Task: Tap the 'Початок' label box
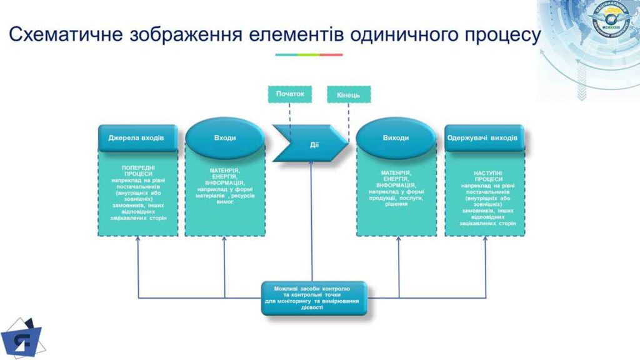pyautogui.click(x=289, y=94)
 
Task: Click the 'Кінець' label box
pyautogui.click(x=348, y=95)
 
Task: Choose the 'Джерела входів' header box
pyautogui.click(x=137, y=137)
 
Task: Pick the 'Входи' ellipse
pyautogui.click(x=225, y=137)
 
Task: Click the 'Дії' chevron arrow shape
pyautogui.click(x=311, y=144)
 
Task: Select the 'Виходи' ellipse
pyautogui.click(x=396, y=137)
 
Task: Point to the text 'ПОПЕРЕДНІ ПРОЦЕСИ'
pyautogui.click(x=139, y=171)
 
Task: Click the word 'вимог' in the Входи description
pyautogui.click(x=224, y=202)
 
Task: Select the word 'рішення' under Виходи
pyautogui.click(x=396, y=204)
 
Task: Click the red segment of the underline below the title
pyautogui.click(x=331, y=54)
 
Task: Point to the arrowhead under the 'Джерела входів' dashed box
pyautogui.click(x=137, y=241)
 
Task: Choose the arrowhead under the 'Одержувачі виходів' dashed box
pyautogui.click(x=486, y=241)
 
